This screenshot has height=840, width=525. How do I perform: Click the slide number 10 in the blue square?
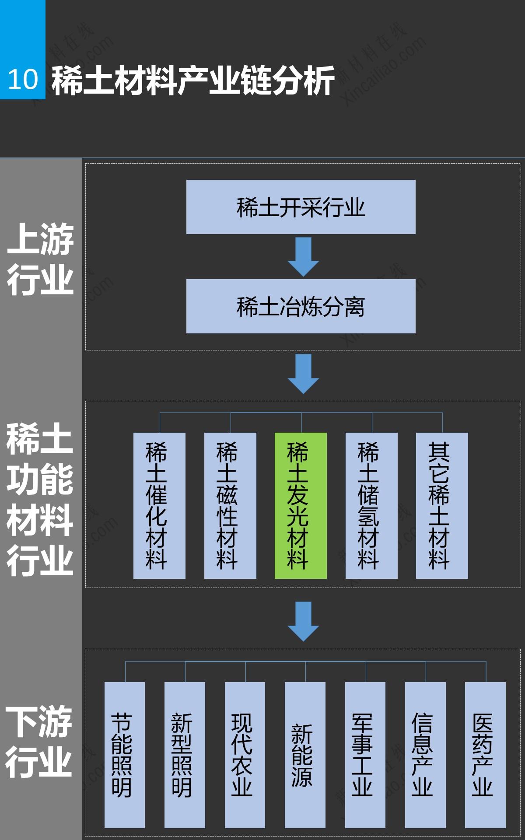[x=23, y=79]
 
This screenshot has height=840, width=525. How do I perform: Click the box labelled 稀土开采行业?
[x=301, y=207]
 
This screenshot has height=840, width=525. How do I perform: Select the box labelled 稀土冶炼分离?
[x=301, y=306]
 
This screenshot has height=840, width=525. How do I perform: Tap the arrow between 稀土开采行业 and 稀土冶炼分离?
[x=303, y=256]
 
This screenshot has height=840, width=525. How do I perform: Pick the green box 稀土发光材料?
[x=301, y=505]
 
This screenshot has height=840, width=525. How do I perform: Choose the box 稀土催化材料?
[x=159, y=505]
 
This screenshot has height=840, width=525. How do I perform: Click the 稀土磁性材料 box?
[x=230, y=505]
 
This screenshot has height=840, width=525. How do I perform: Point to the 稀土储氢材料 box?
[x=371, y=505]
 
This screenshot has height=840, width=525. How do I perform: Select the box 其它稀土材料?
[x=442, y=505]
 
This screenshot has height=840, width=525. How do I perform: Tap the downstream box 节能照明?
[x=125, y=755]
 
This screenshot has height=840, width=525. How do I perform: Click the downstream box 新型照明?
[x=185, y=755]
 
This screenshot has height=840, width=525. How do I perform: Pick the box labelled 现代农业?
[x=245, y=755]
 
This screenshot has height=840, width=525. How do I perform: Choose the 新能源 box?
[x=305, y=755]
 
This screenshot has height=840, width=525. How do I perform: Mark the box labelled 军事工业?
[x=365, y=755]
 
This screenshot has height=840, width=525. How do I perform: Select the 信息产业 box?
[x=425, y=755]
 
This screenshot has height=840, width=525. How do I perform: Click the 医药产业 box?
[x=485, y=755]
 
